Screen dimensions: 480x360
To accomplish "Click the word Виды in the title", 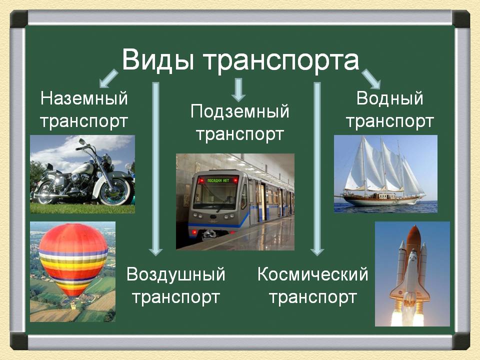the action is [x=158, y=60].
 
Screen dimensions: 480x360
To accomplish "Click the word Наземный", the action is [x=84, y=99].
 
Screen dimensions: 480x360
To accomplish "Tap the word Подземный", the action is [x=239, y=111].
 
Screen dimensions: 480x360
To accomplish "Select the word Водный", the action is [x=389, y=99].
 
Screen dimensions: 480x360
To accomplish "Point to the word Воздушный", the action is [x=175, y=274].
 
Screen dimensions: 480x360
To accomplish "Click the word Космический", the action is [x=312, y=274].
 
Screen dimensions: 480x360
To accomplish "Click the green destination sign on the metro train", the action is [x=218, y=180].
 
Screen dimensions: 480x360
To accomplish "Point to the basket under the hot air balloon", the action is [x=73, y=305].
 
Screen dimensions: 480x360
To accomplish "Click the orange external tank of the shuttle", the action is [x=414, y=242].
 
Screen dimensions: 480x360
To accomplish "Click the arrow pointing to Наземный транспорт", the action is [x=108, y=78].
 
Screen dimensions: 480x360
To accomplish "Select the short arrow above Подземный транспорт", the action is [x=238, y=89].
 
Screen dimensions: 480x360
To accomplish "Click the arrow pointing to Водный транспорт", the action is [x=371, y=79].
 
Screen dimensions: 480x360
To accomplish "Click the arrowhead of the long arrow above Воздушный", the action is [x=155, y=251].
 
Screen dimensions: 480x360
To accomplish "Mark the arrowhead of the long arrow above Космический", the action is [x=317, y=251].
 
